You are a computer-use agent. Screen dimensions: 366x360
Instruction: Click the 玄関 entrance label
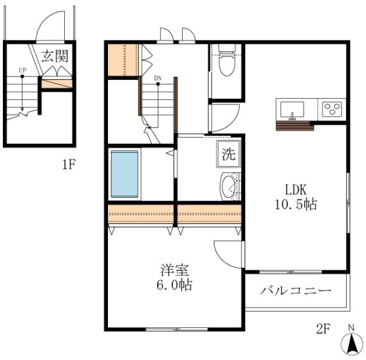click(x=55, y=56)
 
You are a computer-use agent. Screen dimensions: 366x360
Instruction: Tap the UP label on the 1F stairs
click(x=22, y=70)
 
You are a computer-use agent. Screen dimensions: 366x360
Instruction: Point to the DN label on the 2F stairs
click(x=158, y=78)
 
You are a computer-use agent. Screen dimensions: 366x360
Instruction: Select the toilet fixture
click(x=226, y=61)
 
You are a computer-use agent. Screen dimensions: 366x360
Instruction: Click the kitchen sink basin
click(x=292, y=110)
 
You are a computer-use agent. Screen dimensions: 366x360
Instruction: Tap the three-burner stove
click(x=332, y=109)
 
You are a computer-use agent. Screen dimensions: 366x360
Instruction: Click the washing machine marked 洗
click(x=228, y=154)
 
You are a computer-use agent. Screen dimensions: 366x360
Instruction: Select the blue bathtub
click(x=124, y=174)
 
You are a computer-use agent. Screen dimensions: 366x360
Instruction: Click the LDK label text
click(x=296, y=190)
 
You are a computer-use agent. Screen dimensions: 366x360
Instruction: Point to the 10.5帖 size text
click(x=296, y=204)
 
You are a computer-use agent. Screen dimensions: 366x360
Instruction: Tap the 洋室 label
click(x=175, y=270)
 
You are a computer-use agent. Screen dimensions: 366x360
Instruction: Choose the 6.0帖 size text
click(x=175, y=285)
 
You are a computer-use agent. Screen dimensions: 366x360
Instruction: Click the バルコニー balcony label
click(x=295, y=291)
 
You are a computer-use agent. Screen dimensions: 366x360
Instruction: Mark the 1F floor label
click(x=69, y=165)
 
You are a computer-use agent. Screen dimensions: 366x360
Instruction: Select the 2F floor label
click(x=323, y=329)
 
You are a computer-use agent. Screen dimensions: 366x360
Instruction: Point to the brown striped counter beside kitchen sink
click(x=295, y=126)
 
